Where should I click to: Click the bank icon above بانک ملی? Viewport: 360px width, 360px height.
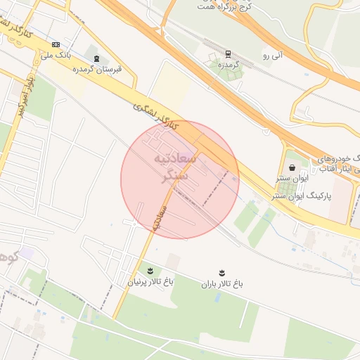56,44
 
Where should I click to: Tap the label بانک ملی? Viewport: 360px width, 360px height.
56,53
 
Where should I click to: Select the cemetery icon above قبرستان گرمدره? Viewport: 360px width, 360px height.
96,59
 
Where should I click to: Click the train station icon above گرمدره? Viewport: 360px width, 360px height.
228,53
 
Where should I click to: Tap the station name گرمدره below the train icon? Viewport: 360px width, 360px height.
226,64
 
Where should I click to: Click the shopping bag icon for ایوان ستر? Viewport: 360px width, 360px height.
292,168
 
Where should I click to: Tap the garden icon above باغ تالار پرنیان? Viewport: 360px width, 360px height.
149,270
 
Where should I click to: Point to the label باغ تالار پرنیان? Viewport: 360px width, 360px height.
149,281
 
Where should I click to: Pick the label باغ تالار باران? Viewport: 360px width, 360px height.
222,283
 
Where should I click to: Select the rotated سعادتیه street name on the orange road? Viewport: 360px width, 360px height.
156,218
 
